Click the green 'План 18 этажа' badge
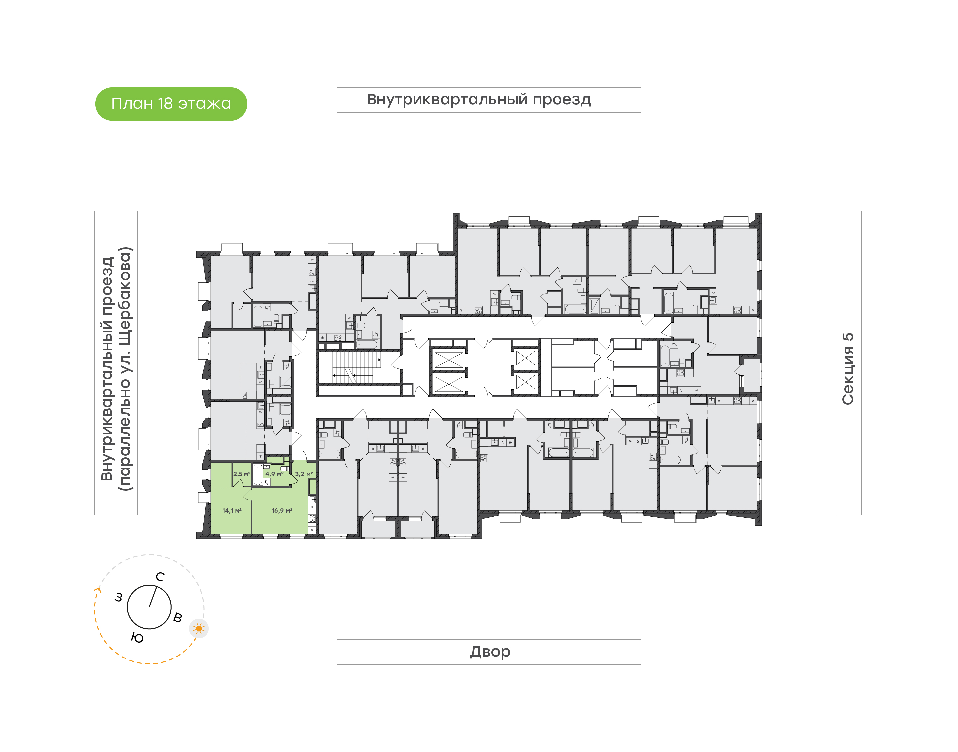[x=171, y=104]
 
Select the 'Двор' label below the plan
[x=490, y=652]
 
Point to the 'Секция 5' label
[x=848, y=369]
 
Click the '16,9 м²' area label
[x=282, y=511]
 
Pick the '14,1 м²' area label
[x=232, y=511]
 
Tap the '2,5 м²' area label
[x=241, y=474]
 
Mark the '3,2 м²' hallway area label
[x=304, y=474]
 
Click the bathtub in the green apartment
[x=258, y=474]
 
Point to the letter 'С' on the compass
[x=160, y=577]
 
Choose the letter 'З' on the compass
[x=119, y=598]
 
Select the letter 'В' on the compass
[x=177, y=617]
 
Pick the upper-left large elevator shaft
[x=448, y=360]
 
